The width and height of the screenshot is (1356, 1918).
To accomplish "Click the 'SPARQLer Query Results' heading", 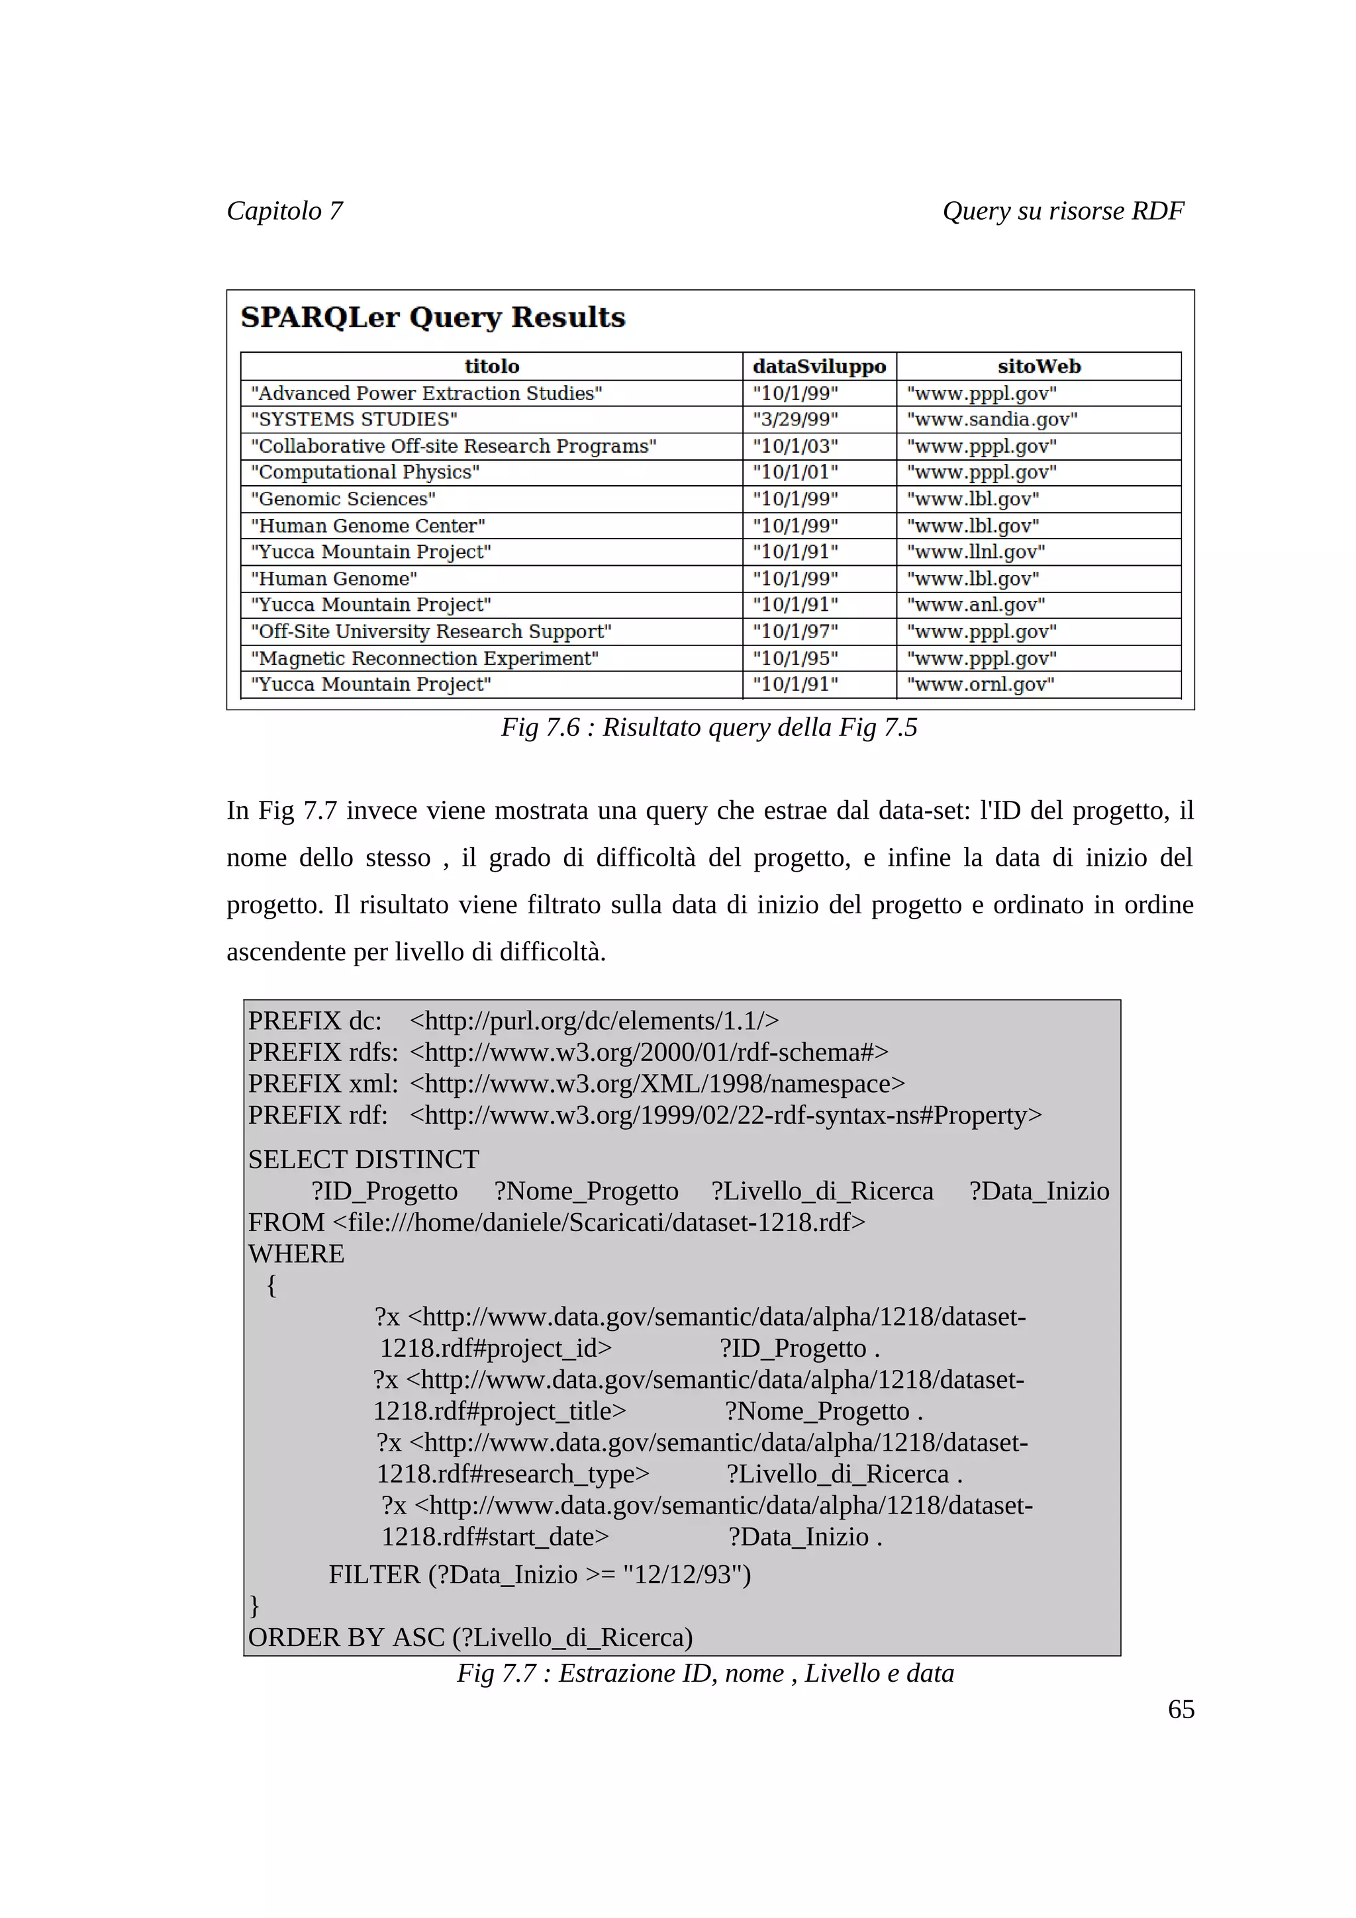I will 433,318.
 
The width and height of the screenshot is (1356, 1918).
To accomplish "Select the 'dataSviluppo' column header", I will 819,367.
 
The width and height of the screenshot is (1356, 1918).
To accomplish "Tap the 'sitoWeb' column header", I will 1038,367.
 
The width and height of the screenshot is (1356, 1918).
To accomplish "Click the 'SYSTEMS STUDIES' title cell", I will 354,420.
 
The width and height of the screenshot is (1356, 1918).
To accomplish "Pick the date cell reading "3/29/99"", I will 795,420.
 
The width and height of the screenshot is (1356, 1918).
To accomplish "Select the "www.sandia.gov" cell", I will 992,420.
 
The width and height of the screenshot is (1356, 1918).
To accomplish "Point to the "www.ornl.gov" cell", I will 980,685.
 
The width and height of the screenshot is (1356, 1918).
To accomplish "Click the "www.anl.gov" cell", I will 976,605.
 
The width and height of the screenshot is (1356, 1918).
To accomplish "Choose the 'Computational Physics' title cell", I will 365,472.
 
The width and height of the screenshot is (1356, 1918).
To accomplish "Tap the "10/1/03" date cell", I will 795,446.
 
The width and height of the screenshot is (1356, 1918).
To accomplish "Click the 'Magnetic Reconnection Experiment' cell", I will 424,659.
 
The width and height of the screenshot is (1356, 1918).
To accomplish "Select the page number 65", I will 1181,1709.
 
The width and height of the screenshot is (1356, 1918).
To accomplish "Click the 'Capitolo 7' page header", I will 284,210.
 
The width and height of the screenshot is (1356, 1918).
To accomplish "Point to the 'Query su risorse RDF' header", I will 1063,210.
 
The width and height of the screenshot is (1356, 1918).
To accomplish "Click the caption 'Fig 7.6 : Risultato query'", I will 708,727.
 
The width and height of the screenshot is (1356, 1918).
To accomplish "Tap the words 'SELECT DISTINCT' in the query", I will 363,1160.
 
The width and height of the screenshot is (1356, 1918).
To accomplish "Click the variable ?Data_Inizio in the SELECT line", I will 1038,1191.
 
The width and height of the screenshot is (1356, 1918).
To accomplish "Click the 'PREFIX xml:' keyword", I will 322,1083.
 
